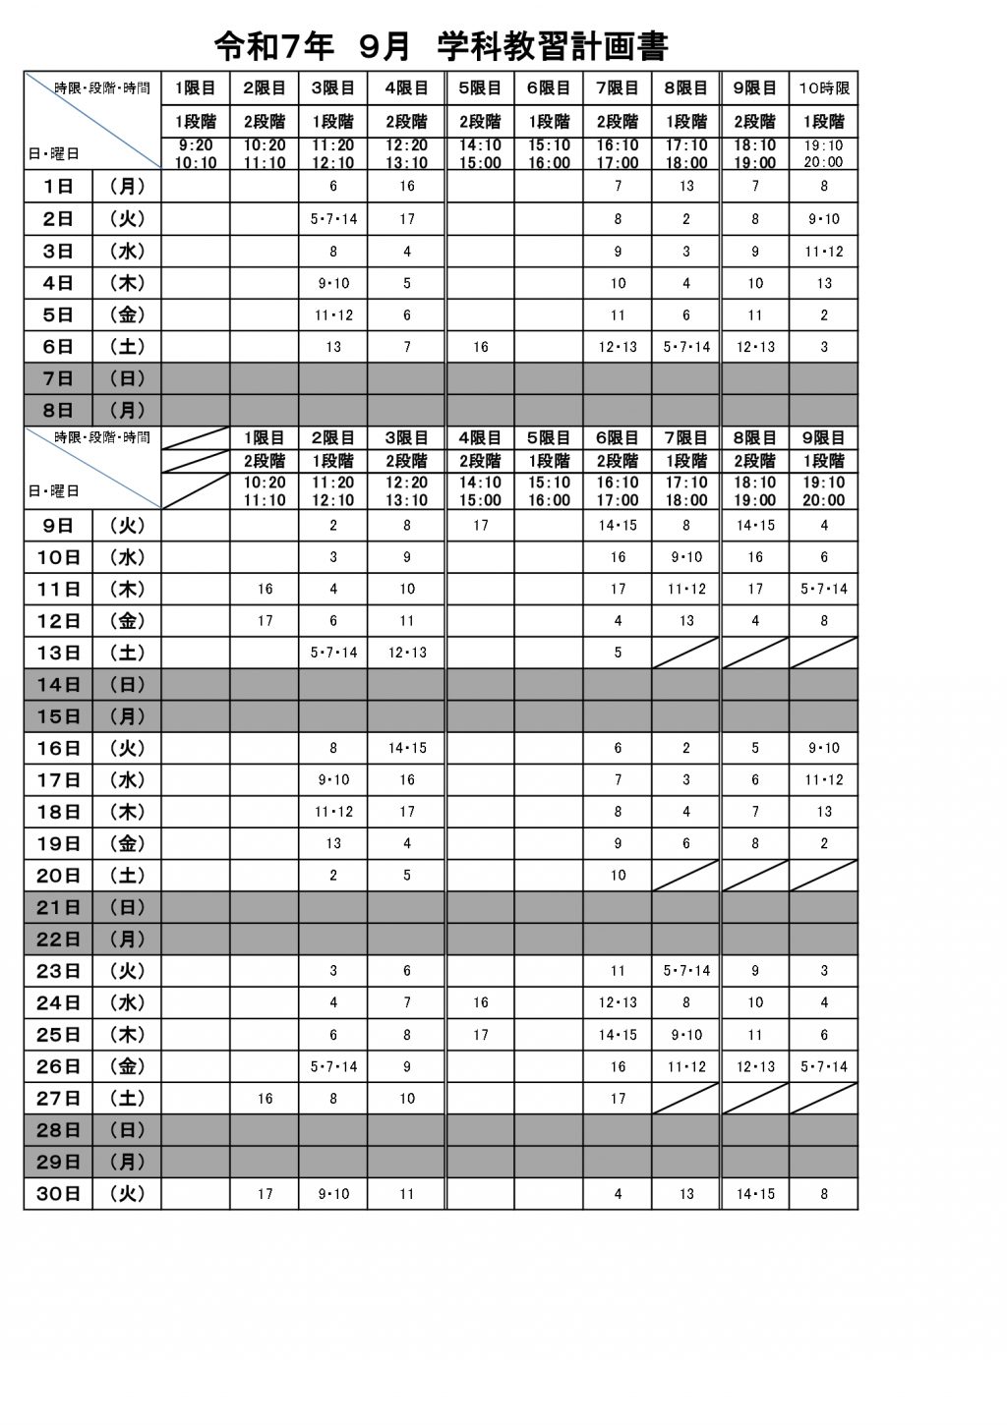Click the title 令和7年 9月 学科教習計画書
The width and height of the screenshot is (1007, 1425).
point(442,45)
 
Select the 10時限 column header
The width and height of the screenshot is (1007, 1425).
point(823,88)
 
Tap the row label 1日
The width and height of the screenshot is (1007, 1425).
point(59,186)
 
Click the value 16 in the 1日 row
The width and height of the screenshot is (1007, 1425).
point(407,186)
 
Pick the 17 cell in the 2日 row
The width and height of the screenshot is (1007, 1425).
point(407,219)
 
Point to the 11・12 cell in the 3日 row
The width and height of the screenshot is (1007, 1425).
point(823,252)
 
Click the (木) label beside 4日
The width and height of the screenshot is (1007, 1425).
point(127,283)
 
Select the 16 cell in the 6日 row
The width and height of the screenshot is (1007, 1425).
point(480,347)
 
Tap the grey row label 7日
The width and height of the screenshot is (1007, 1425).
point(59,378)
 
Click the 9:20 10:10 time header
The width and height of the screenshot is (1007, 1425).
point(196,153)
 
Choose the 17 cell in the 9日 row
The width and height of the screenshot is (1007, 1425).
point(480,526)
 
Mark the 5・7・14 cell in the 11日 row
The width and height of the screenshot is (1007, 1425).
point(823,589)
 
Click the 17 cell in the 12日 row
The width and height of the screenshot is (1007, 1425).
point(265,621)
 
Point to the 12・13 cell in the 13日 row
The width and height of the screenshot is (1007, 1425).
point(407,653)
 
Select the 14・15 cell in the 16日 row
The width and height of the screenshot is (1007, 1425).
point(407,748)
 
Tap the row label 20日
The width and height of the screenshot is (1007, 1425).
point(59,875)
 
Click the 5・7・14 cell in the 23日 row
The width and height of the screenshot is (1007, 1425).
point(686,971)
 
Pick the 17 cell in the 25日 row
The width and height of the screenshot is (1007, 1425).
point(480,1035)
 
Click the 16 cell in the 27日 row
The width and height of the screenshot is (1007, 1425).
point(265,1099)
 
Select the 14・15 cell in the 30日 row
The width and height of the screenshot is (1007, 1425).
point(755,1194)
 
